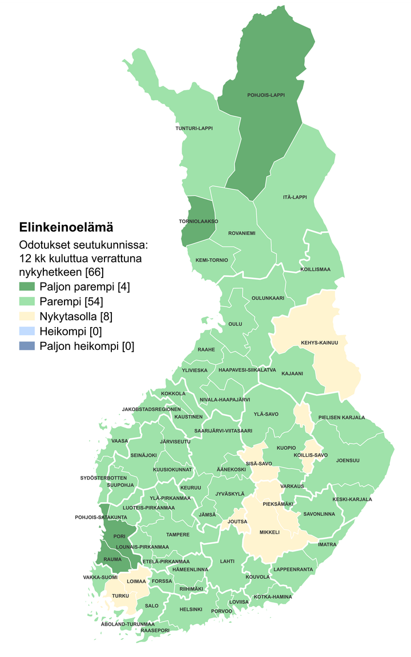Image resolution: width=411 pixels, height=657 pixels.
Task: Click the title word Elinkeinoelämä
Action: pos(66,227)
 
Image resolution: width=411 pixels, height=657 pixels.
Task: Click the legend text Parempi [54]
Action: pos(71,301)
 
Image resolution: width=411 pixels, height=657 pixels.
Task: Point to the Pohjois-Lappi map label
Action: pos(265,95)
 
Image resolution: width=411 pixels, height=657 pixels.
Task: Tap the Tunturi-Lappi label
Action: pos(194,128)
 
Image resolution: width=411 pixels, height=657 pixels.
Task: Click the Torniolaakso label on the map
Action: pos(199,221)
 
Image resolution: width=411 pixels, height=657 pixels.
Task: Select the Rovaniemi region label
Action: pos(241,233)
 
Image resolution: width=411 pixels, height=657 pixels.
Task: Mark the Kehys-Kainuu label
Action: pos(319,343)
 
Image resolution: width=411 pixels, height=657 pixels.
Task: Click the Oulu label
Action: pos(235,324)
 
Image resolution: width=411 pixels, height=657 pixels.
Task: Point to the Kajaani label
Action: pos(293,373)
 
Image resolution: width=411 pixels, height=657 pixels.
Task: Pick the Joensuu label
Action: pos(348,460)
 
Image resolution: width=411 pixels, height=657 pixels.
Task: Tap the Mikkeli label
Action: pos(269,532)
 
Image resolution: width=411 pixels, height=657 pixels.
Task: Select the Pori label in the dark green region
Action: pos(119,537)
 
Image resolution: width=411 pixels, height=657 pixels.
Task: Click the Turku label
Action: pos(120,595)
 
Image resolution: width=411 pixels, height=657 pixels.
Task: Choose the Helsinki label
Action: pos(191,609)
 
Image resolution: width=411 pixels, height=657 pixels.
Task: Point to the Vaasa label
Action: pos(120,441)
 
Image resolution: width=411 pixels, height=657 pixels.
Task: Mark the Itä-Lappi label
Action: pos(295,197)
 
